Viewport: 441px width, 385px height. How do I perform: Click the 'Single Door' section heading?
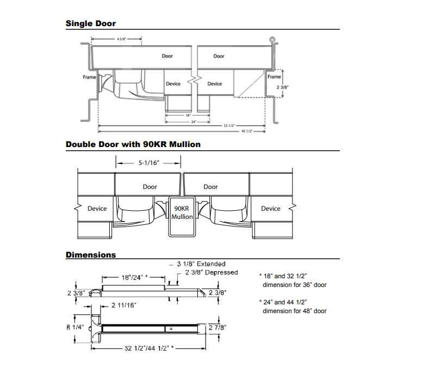(x=90, y=23)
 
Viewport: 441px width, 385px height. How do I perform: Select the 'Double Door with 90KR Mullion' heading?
(x=133, y=144)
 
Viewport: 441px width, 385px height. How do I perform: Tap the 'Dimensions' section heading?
(x=90, y=254)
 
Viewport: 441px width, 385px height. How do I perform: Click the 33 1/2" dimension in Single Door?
(x=229, y=126)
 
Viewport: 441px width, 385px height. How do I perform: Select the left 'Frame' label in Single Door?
(x=89, y=77)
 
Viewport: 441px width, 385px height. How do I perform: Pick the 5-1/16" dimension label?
(x=148, y=162)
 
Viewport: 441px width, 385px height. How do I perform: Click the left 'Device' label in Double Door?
(x=97, y=209)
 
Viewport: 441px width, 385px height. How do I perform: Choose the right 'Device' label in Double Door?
(x=270, y=209)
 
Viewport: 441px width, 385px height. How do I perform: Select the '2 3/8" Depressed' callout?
(x=212, y=272)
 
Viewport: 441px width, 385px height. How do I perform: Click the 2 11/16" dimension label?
(x=123, y=305)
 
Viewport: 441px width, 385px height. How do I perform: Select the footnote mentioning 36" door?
(x=294, y=280)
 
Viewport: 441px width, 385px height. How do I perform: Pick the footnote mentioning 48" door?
(x=294, y=306)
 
